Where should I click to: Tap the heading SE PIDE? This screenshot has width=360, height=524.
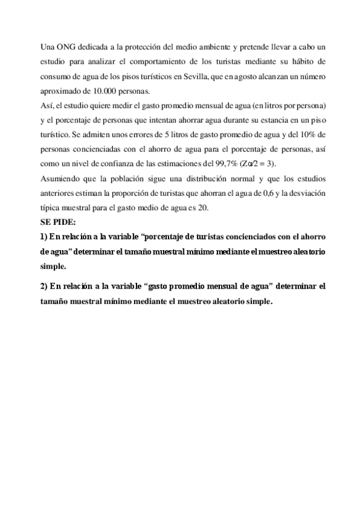tap(57, 221)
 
